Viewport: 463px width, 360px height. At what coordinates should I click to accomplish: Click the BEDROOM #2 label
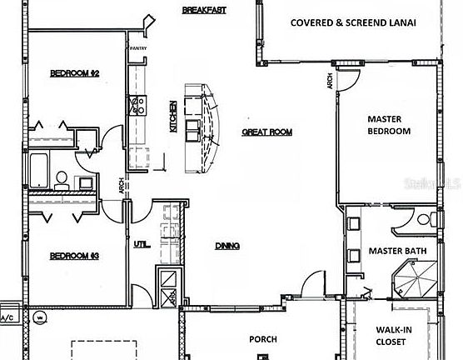[74, 73]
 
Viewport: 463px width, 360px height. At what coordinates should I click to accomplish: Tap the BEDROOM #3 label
[74, 256]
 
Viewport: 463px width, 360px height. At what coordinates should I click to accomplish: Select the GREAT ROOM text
[266, 132]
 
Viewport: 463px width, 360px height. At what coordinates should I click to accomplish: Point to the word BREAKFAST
[206, 10]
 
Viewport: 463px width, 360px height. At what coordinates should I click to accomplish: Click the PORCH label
[263, 339]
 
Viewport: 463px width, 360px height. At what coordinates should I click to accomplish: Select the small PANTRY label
[137, 48]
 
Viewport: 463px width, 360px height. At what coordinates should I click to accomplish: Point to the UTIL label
[141, 243]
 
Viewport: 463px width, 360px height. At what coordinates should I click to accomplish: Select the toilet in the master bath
[424, 219]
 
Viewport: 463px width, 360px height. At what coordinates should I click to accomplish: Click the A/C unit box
[7, 317]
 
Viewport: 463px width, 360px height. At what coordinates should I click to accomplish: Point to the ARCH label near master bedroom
[331, 81]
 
